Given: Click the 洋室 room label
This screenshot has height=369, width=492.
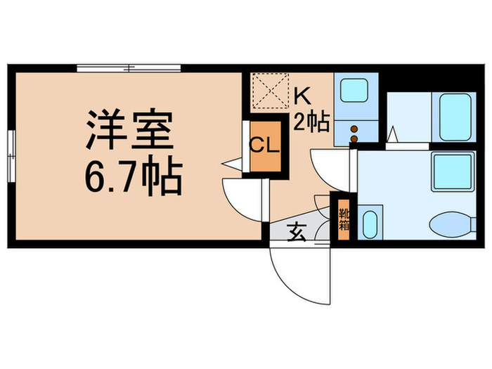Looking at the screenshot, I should coord(129,129).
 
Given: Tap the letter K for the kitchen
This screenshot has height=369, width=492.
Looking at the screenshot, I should coord(302,94).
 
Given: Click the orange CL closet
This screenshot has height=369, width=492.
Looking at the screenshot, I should coord(266,148).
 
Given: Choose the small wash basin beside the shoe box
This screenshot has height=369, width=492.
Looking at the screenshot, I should coord(370,223).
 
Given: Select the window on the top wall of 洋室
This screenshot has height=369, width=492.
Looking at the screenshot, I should coord(129,68).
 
